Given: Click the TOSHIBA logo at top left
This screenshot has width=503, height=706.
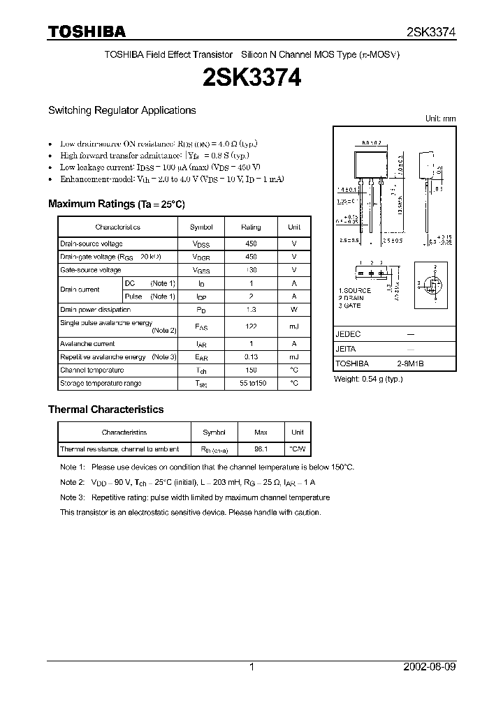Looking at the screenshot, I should pyautogui.click(x=87, y=31).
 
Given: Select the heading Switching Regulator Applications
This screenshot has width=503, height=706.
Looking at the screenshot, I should pyautogui.click(x=122, y=110).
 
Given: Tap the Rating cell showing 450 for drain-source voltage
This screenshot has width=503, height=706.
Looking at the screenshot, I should pyautogui.click(x=251, y=244).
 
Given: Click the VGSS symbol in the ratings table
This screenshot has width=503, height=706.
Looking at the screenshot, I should pyautogui.click(x=201, y=270).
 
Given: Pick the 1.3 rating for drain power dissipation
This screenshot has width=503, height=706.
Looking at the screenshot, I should pyautogui.click(x=251, y=310).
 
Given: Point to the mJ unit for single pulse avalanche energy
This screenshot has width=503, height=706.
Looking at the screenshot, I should pyautogui.click(x=294, y=326).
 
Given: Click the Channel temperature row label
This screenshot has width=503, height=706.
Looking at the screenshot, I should pyautogui.click(x=92, y=370).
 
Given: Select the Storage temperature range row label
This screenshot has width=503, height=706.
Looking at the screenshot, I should pyautogui.click(x=101, y=384).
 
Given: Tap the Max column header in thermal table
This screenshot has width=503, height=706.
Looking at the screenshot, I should pyautogui.click(x=261, y=433).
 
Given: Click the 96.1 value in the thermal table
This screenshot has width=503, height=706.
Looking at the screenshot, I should pyautogui.click(x=261, y=449).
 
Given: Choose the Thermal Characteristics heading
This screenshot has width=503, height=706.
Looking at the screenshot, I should pyautogui.click(x=105, y=410).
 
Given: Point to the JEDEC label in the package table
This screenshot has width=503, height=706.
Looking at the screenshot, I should pyautogui.click(x=348, y=335).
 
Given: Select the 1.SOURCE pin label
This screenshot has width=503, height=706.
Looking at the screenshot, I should pyautogui.click(x=355, y=290).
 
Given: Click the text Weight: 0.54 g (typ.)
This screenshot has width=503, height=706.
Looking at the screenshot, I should pyautogui.click(x=369, y=380).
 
